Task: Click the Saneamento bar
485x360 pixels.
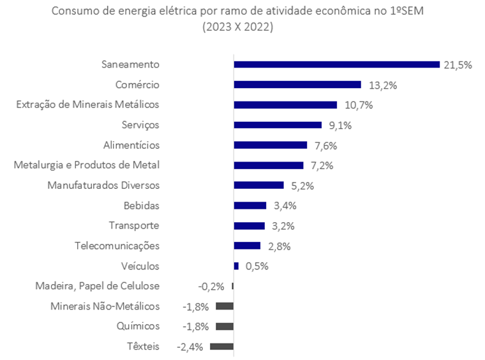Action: click(336, 64)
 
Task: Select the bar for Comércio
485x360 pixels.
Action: click(297, 85)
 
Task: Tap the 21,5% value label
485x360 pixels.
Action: click(458, 65)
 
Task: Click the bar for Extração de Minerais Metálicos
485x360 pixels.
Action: click(285, 105)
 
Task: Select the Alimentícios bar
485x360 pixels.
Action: click(271, 145)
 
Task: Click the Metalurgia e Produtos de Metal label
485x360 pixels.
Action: click(86, 165)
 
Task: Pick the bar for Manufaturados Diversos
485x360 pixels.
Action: click(258, 185)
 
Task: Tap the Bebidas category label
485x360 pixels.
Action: click(141, 206)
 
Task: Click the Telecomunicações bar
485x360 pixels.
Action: click(247, 246)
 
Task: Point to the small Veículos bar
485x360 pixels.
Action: click(236, 266)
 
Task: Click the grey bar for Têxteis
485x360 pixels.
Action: click(221, 347)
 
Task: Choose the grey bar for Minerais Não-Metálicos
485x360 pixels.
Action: click(225, 306)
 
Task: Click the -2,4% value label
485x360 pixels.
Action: click(191, 347)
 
